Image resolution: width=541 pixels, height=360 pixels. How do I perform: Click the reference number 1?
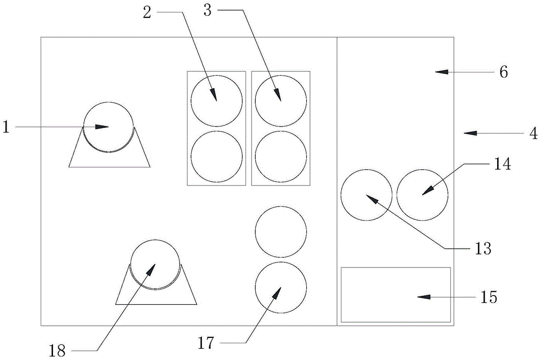click(x=6, y=127)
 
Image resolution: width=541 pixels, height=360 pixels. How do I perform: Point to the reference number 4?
click(x=533, y=132)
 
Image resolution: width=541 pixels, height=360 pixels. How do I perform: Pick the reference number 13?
click(x=483, y=248)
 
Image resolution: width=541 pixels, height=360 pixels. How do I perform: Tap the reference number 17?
click(x=207, y=343)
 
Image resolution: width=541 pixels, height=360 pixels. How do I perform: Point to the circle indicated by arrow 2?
click(x=216, y=101)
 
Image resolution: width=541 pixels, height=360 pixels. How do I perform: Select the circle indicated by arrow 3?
click(x=281, y=101)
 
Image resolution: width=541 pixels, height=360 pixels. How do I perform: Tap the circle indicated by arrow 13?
click(x=366, y=195)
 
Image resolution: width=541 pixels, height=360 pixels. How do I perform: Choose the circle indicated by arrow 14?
click(x=423, y=195)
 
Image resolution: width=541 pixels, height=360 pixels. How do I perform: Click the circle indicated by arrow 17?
click(x=281, y=287)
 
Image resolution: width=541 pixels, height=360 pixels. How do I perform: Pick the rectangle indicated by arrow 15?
click(x=395, y=295)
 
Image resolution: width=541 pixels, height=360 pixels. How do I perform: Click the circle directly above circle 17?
click(x=281, y=231)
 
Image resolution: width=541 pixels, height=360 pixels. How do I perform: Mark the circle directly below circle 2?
click(x=216, y=157)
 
